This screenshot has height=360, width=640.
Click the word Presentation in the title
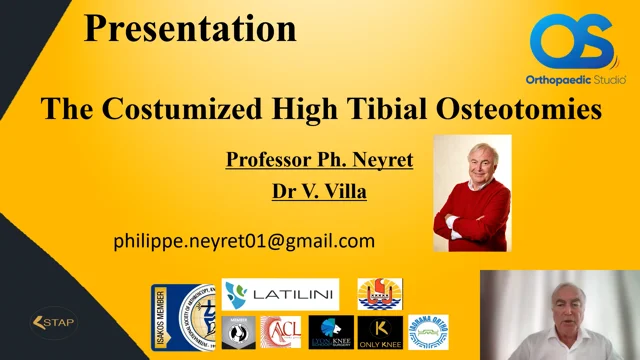click(190, 27)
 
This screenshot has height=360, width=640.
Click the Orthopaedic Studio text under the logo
click(571, 79)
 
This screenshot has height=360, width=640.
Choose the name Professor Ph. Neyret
click(319, 159)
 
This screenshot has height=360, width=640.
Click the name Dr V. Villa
click(319, 190)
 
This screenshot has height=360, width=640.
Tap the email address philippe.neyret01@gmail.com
click(244, 240)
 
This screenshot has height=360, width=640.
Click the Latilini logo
click(280, 294)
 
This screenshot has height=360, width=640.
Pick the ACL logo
click(281, 332)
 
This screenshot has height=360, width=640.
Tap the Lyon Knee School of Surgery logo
click(330, 332)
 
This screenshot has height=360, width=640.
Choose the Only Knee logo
click(380, 332)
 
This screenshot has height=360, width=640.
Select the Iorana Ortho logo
click(428, 332)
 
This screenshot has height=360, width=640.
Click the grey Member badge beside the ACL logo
click(238, 332)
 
